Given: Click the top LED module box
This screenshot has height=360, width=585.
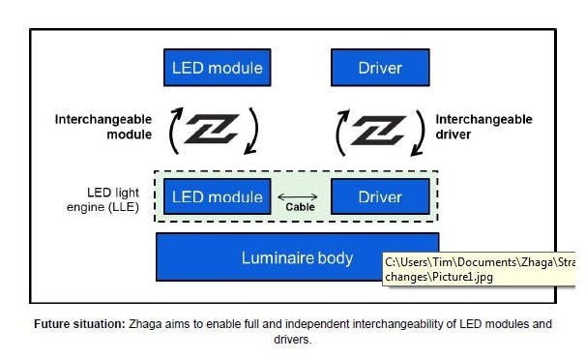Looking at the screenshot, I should pos(217,68).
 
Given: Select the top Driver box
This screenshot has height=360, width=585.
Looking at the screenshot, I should pos(380,68).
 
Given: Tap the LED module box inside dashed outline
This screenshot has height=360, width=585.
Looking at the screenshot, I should pos(217,196).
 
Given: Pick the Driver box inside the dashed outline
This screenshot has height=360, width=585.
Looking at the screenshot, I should pos(380,196).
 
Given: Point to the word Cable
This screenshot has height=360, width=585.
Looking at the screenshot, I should pos(299,206).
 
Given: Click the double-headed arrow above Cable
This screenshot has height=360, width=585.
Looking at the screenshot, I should pos(299,194).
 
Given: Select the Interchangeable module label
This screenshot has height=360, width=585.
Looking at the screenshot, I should pos(103,127).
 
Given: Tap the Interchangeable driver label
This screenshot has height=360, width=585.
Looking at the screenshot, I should pos(483,127).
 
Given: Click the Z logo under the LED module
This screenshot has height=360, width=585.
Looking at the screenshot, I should pos(213,130).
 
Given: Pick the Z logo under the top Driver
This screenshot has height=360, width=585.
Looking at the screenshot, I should pos(378,130).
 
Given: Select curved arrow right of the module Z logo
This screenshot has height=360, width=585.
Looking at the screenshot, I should pos(252,131).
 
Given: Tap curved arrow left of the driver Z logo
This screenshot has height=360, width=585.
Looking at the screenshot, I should pos(341,131).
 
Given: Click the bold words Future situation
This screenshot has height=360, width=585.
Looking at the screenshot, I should pos(79,324).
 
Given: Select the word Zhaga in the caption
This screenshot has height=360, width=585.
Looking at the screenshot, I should pos(146,324).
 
